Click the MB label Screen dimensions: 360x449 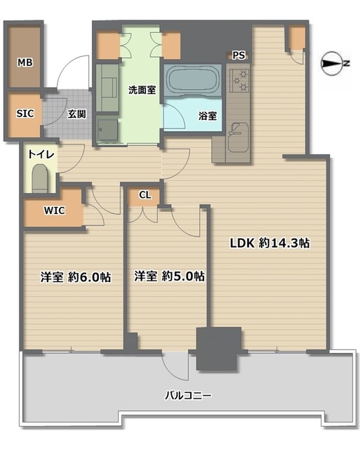click(x=25, y=62)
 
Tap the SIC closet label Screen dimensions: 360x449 click(x=25, y=114)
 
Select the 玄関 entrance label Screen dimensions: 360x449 click(x=76, y=114)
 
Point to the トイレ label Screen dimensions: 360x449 click(x=41, y=154)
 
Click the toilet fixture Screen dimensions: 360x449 click(x=40, y=178)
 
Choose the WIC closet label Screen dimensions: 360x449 click(x=55, y=210)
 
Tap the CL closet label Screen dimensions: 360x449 click(x=145, y=195)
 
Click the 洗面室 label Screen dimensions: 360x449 click(x=142, y=91)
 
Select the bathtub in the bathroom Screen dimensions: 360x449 click(x=192, y=79)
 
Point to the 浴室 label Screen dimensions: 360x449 click(x=208, y=116)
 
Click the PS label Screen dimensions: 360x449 click(x=239, y=55)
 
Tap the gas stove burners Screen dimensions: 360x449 click(x=239, y=80)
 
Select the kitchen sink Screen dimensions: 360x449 click(x=238, y=138)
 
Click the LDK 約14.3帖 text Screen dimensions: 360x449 click(x=269, y=243)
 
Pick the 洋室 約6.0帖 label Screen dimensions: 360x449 click(x=76, y=277)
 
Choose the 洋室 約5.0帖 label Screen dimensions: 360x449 click(x=170, y=276)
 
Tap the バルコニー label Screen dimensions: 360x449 click(x=188, y=396)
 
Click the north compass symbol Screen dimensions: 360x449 click(x=333, y=64)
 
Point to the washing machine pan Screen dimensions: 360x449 click(x=107, y=130)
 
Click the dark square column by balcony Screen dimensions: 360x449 click(x=219, y=349)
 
